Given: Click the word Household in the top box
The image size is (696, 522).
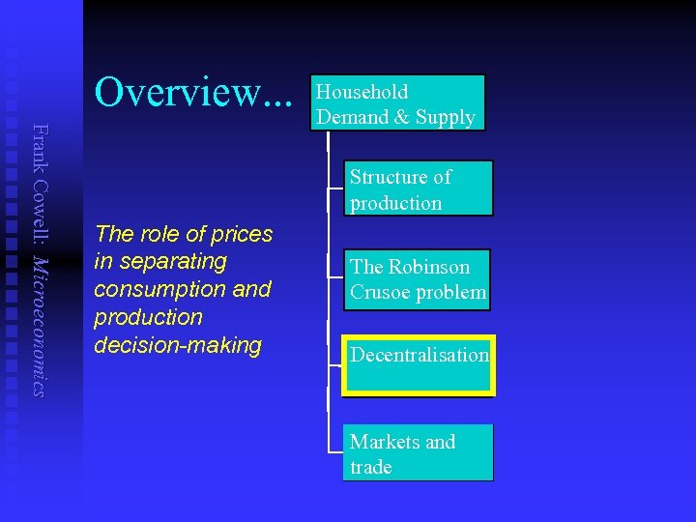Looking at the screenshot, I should [x=362, y=92].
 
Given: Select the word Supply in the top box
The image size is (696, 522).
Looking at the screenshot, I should [x=446, y=117].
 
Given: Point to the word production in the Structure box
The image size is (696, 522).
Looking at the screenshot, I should [x=395, y=203].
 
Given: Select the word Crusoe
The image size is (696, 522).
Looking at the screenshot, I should [x=381, y=293].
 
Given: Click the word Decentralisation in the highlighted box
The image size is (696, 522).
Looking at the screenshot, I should [x=419, y=355].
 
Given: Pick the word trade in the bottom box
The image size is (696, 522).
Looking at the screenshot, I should [x=371, y=467].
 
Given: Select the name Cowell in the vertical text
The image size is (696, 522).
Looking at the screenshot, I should [x=38, y=212].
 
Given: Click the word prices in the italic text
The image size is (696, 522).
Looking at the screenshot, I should [x=241, y=234].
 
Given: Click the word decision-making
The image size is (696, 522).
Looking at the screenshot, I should [x=178, y=345].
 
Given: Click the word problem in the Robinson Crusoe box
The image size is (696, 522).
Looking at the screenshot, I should [x=453, y=293].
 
